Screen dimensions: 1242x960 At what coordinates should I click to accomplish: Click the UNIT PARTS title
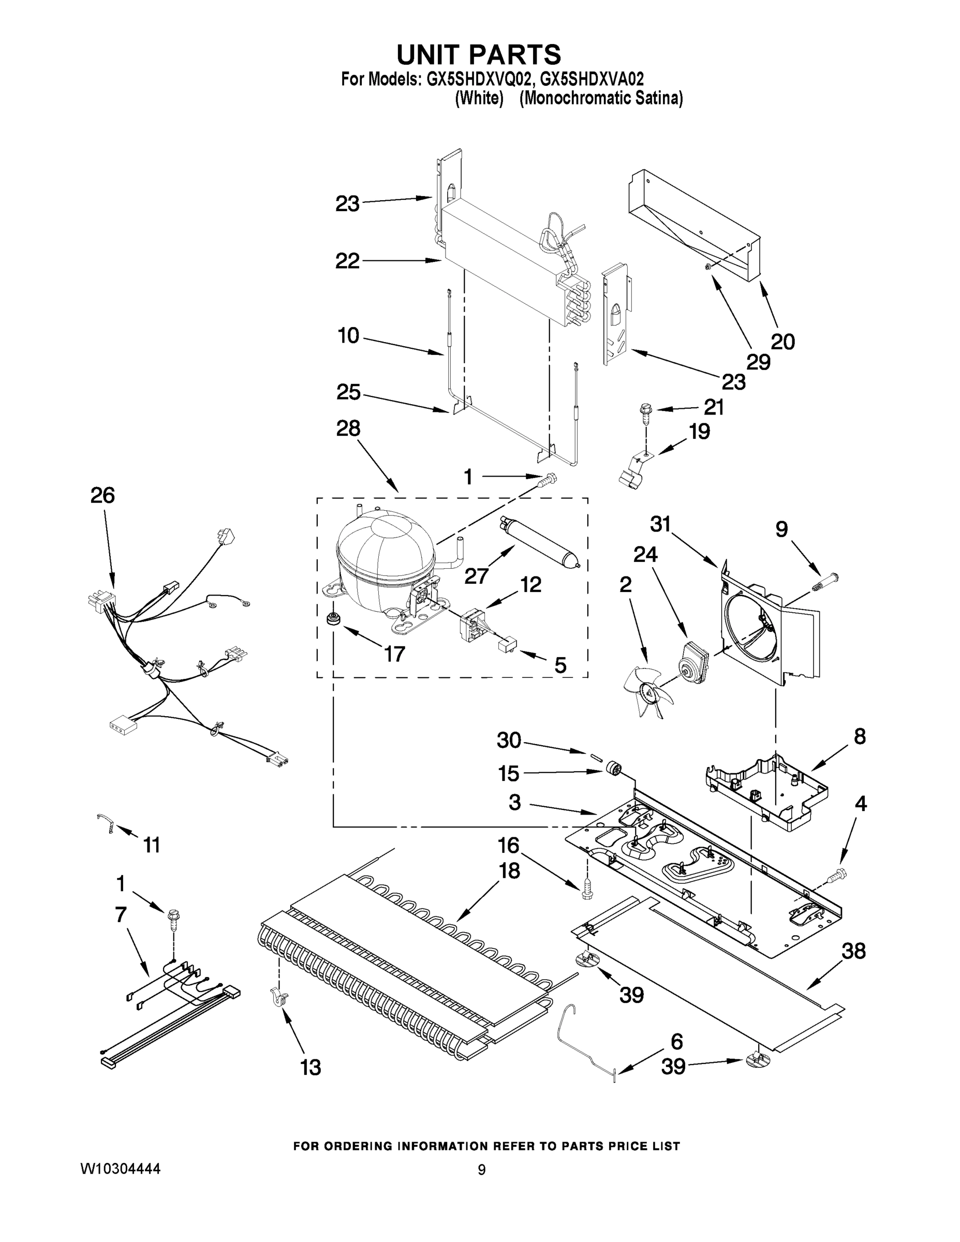coord(478,54)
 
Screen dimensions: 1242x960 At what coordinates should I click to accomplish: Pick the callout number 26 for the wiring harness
coord(102,495)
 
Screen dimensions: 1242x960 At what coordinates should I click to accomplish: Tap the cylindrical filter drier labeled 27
coord(539,541)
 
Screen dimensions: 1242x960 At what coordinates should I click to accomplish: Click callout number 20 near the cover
coord(782,342)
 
